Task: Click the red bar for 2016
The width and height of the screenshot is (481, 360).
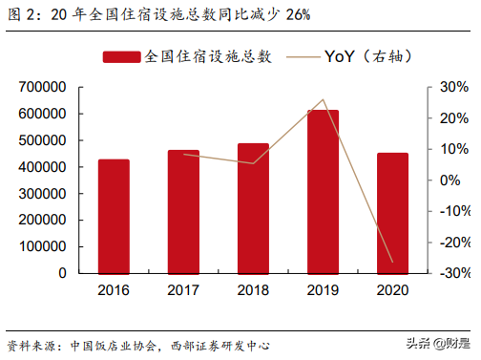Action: (114, 216)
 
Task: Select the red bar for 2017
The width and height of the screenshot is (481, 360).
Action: (183, 211)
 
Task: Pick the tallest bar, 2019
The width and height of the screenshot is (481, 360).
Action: (323, 191)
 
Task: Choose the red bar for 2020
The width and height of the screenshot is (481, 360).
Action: (392, 213)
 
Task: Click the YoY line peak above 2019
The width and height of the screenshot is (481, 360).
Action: (324, 99)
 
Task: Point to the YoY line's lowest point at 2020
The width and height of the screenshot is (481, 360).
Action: (392, 262)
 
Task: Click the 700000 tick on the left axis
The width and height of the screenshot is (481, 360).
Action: (41, 87)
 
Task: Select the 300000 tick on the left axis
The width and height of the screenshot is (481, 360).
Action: (41, 193)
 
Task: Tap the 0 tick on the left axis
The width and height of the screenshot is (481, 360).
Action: (61, 273)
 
